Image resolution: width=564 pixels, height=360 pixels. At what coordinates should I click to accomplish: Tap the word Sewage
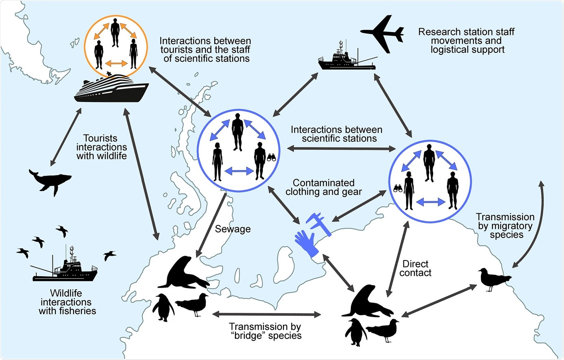[x=233, y=229]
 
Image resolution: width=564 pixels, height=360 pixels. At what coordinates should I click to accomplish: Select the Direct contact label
[x=415, y=269]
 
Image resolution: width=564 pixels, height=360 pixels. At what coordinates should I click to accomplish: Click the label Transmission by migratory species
[x=505, y=226]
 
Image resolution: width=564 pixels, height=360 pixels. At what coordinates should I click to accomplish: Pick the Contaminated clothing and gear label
[x=323, y=187]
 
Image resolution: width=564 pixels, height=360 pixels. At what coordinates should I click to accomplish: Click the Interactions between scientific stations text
[x=336, y=134]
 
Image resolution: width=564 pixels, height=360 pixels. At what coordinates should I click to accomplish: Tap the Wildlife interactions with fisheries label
[x=67, y=302]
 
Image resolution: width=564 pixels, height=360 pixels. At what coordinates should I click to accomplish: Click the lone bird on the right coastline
[x=493, y=279]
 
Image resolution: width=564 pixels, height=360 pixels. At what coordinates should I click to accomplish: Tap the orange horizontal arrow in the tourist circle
[x=116, y=63]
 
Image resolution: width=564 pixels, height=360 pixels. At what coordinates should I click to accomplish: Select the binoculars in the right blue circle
[x=397, y=188]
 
